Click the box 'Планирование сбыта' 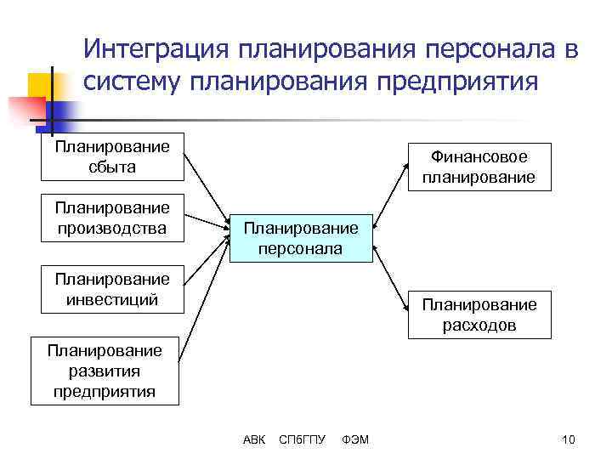(x=113, y=157)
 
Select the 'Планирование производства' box (x=113, y=218)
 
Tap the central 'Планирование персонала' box (x=302, y=238)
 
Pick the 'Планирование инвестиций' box (x=113, y=289)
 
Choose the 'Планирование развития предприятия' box (x=104, y=371)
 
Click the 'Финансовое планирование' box (x=479, y=167)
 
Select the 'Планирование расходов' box (x=479, y=314)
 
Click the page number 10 (x=569, y=439)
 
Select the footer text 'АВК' (x=254, y=439)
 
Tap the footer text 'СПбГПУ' (x=303, y=439)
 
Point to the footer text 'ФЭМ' (x=354, y=439)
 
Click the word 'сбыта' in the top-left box (x=112, y=167)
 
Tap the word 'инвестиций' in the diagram (x=112, y=298)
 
